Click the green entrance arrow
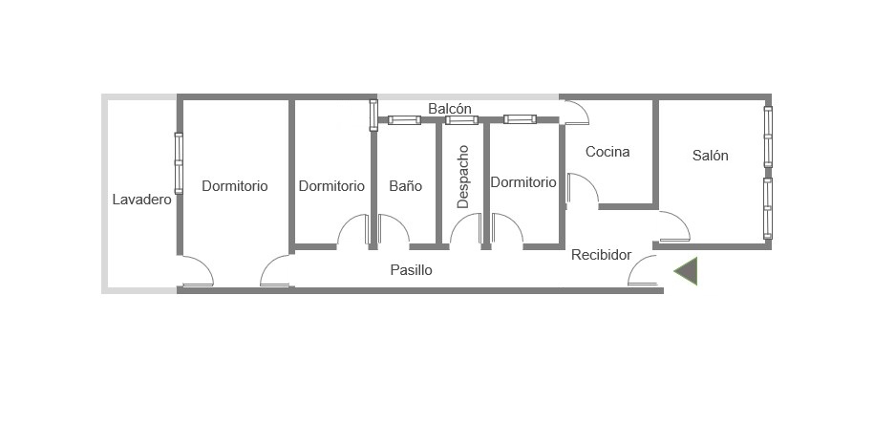[686, 271]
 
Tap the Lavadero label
[142, 200]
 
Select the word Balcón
[450, 108]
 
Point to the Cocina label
[607, 152]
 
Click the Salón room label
[710, 155]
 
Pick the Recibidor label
[602, 255]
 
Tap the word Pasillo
[411, 270]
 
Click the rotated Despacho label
[463, 177]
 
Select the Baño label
[406, 186]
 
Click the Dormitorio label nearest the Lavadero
[235, 186]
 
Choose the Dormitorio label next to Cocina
[523, 182]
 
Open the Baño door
[394, 231]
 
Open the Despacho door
[466, 231]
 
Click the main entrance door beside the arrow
[643, 270]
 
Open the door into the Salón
[674, 226]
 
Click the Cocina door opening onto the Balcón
[575, 113]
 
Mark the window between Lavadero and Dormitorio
[179, 163]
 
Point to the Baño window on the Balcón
[404, 119]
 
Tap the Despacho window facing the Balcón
[461, 119]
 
